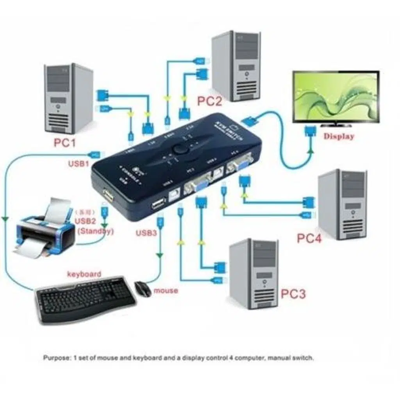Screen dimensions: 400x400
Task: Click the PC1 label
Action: pyautogui.click(x=64, y=143)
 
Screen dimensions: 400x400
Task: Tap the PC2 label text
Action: pyautogui.click(x=209, y=101)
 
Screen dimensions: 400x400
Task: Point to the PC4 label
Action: pyautogui.click(x=309, y=238)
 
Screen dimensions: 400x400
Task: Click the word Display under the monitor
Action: pyautogui.click(x=338, y=136)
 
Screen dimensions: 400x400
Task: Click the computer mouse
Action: pyautogui.click(x=143, y=289)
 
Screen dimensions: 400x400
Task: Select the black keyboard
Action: pyautogui.click(x=86, y=301)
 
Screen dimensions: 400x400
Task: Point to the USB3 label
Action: pyautogui.click(x=146, y=233)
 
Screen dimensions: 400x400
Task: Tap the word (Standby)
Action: pyautogui.click(x=96, y=231)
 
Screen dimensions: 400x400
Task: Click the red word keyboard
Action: pyautogui.click(x=84, y=274)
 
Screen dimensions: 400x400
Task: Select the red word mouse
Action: pyautogui.click(x=166, y=291)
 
